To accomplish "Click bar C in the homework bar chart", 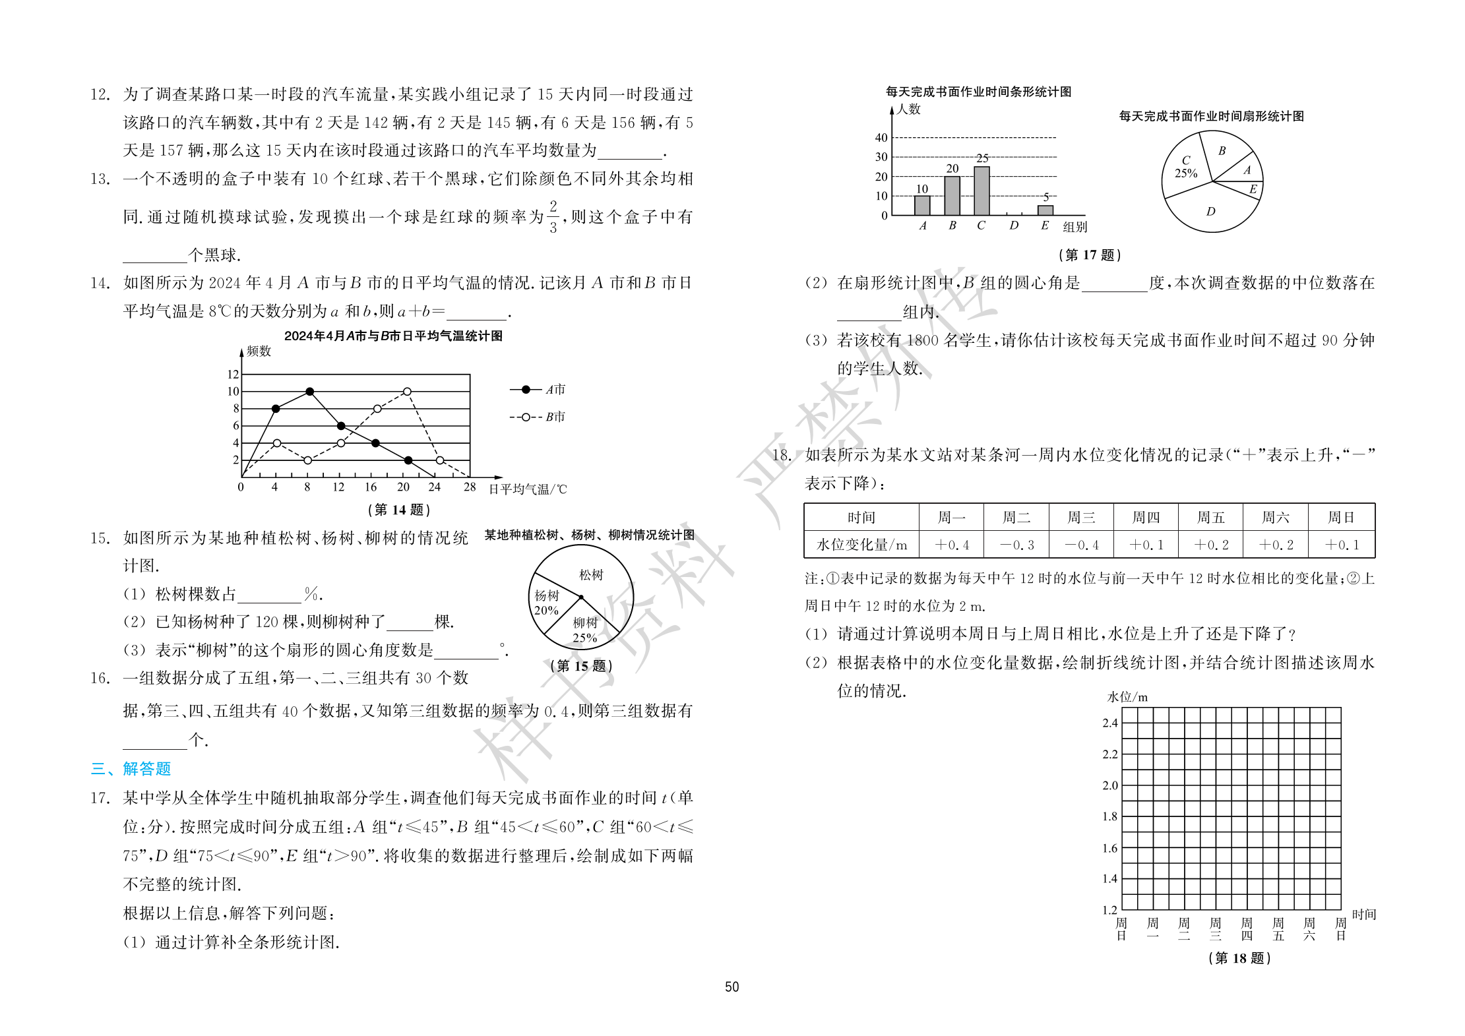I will [982, 191].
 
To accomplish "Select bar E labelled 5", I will [1045, 210].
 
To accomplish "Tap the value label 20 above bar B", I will [952, 169].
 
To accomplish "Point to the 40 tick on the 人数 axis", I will [881, 138].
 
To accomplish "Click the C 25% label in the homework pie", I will [1185, 168].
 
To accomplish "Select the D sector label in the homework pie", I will [1210, 212].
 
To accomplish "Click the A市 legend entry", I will [538, 390].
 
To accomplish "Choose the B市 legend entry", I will [538, 417].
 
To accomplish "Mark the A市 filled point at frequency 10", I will [310, 392].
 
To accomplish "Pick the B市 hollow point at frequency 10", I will [407, 392].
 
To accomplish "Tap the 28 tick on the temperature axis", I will [469, 487].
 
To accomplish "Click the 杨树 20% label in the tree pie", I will [546, 603].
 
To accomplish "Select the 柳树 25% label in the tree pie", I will [584, 630].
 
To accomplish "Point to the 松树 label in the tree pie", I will [591, 575].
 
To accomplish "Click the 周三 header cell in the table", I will [1080, 518].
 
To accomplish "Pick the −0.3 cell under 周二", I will [1016, 545].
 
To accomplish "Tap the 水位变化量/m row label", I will [861, 545].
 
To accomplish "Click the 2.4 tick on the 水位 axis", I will [1109, 723].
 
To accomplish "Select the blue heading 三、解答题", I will [131, 769].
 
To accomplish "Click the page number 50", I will [732, 987].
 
